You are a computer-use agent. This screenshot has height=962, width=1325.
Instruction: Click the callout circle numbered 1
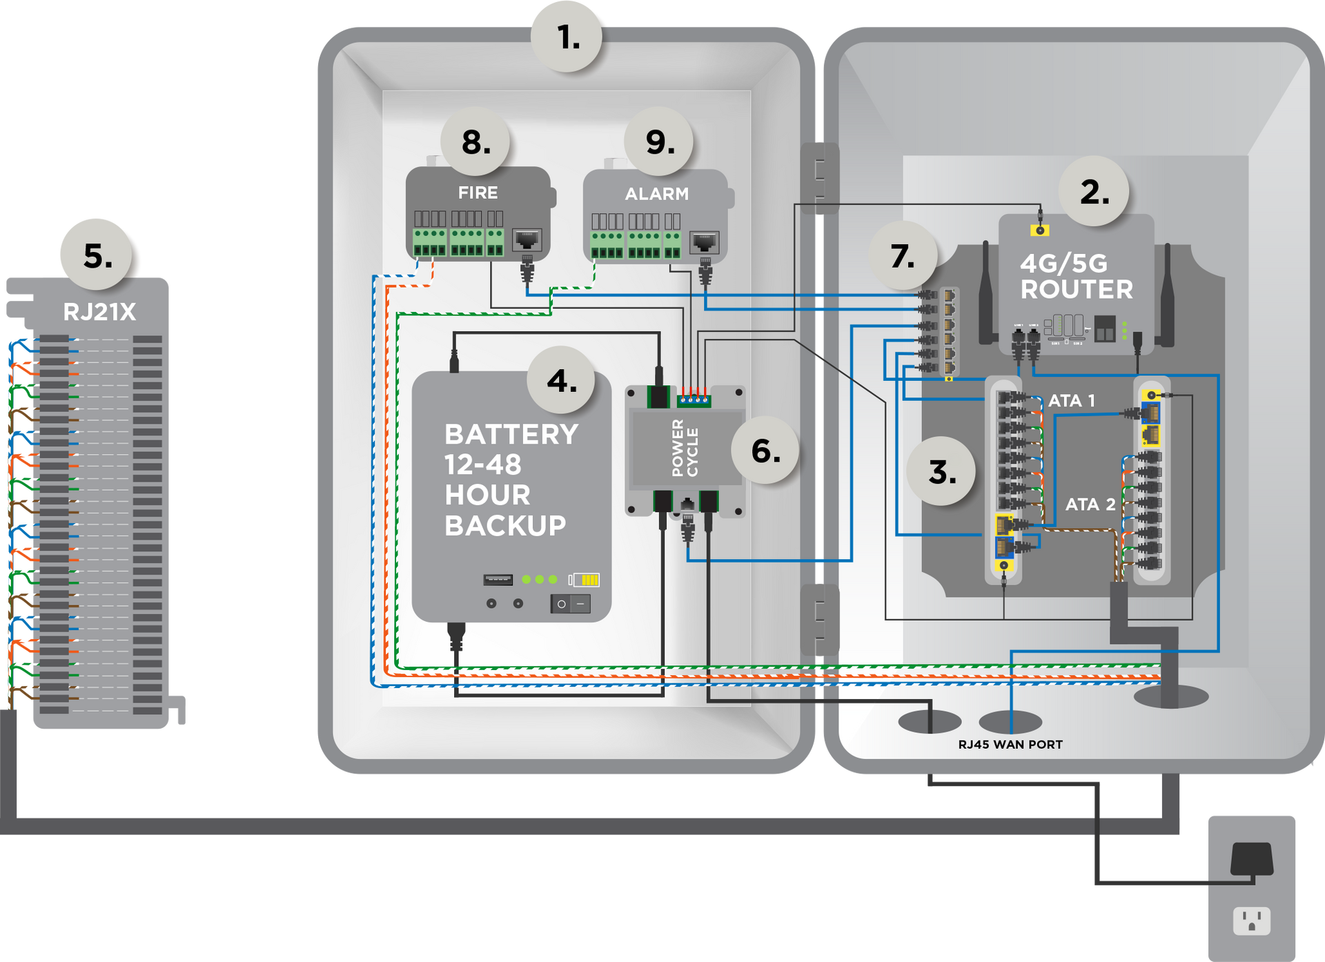(567, 37)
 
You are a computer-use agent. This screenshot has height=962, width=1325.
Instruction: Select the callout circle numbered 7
(902, 256)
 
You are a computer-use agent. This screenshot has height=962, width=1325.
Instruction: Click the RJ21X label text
(99, 312)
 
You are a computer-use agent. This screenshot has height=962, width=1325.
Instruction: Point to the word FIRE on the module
(478, 193)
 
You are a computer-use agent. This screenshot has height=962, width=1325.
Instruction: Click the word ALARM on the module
(656, 194)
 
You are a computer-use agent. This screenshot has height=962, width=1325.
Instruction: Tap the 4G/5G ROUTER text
(1076, 276)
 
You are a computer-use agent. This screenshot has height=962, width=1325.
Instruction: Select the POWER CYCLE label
(685, 448)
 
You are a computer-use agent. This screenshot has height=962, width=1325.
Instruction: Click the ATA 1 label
(1071, 400)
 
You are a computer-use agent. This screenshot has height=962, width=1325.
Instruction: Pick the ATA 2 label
(1090, 504)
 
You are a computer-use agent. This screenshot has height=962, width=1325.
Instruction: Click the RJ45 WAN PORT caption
(1010, 745)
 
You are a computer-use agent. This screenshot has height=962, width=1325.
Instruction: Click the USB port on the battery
(498, 579)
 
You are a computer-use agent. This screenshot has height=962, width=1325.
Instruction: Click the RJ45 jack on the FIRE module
(527, 240)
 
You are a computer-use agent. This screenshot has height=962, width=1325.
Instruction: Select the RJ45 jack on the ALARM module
(704, 242)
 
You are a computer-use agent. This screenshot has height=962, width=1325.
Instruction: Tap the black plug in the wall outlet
(1251, 859)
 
